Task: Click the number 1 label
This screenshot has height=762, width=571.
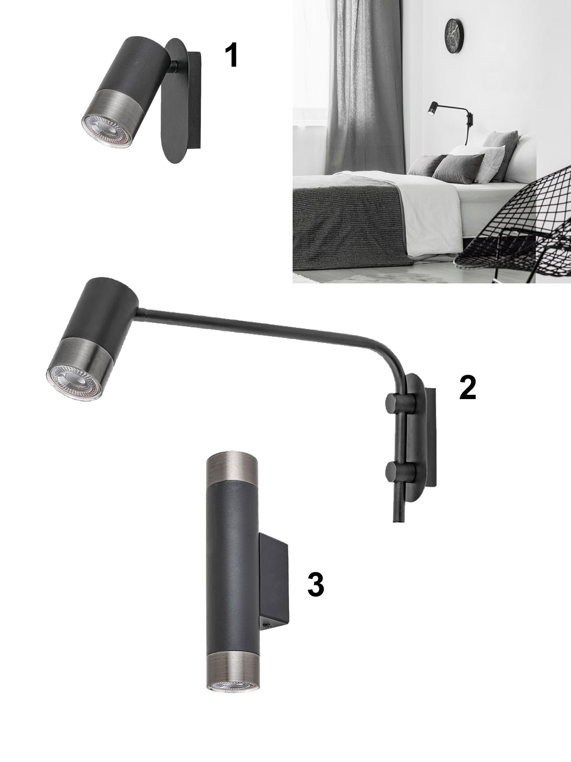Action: click(231, 56)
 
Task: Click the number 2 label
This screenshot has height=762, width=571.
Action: click(468, 387)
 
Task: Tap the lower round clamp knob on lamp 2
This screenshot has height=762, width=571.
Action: click(401, 471)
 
